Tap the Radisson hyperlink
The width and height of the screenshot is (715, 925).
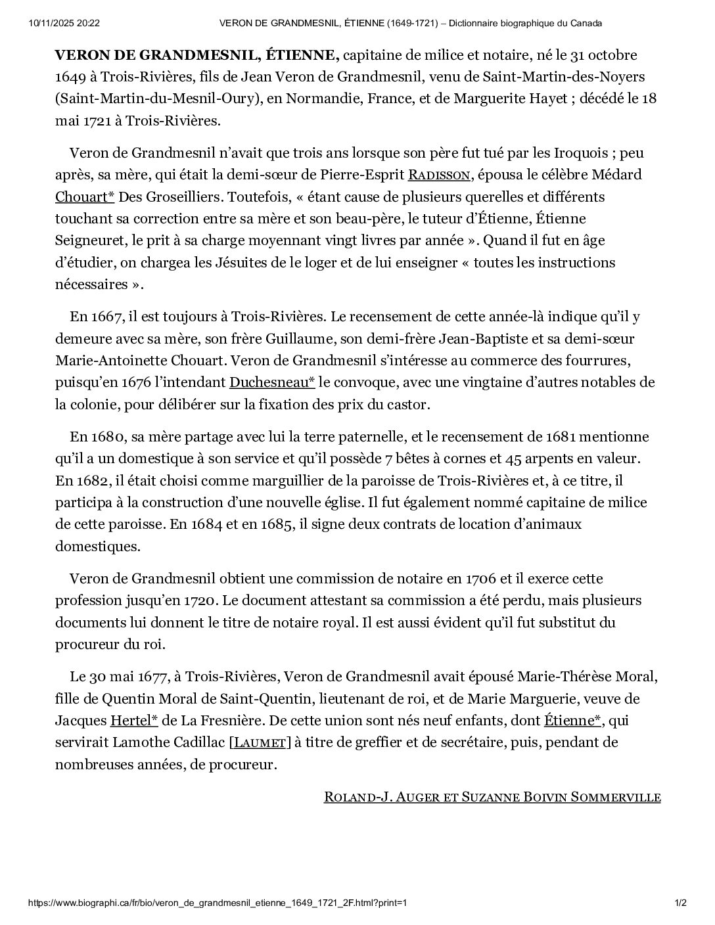point(440,175)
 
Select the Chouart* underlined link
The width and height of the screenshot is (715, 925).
point(85,197)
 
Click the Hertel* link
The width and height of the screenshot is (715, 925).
point(134,721)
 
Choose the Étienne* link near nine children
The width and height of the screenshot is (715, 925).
point(572,721)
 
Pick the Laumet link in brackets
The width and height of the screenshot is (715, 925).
point(260,743)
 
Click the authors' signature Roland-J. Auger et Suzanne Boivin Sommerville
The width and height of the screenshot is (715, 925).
point(492,797)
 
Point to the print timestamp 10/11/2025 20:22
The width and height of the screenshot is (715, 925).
point(64,24)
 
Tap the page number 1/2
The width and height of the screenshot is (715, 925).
point(680,903)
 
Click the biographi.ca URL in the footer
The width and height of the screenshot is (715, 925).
point(217,903)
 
